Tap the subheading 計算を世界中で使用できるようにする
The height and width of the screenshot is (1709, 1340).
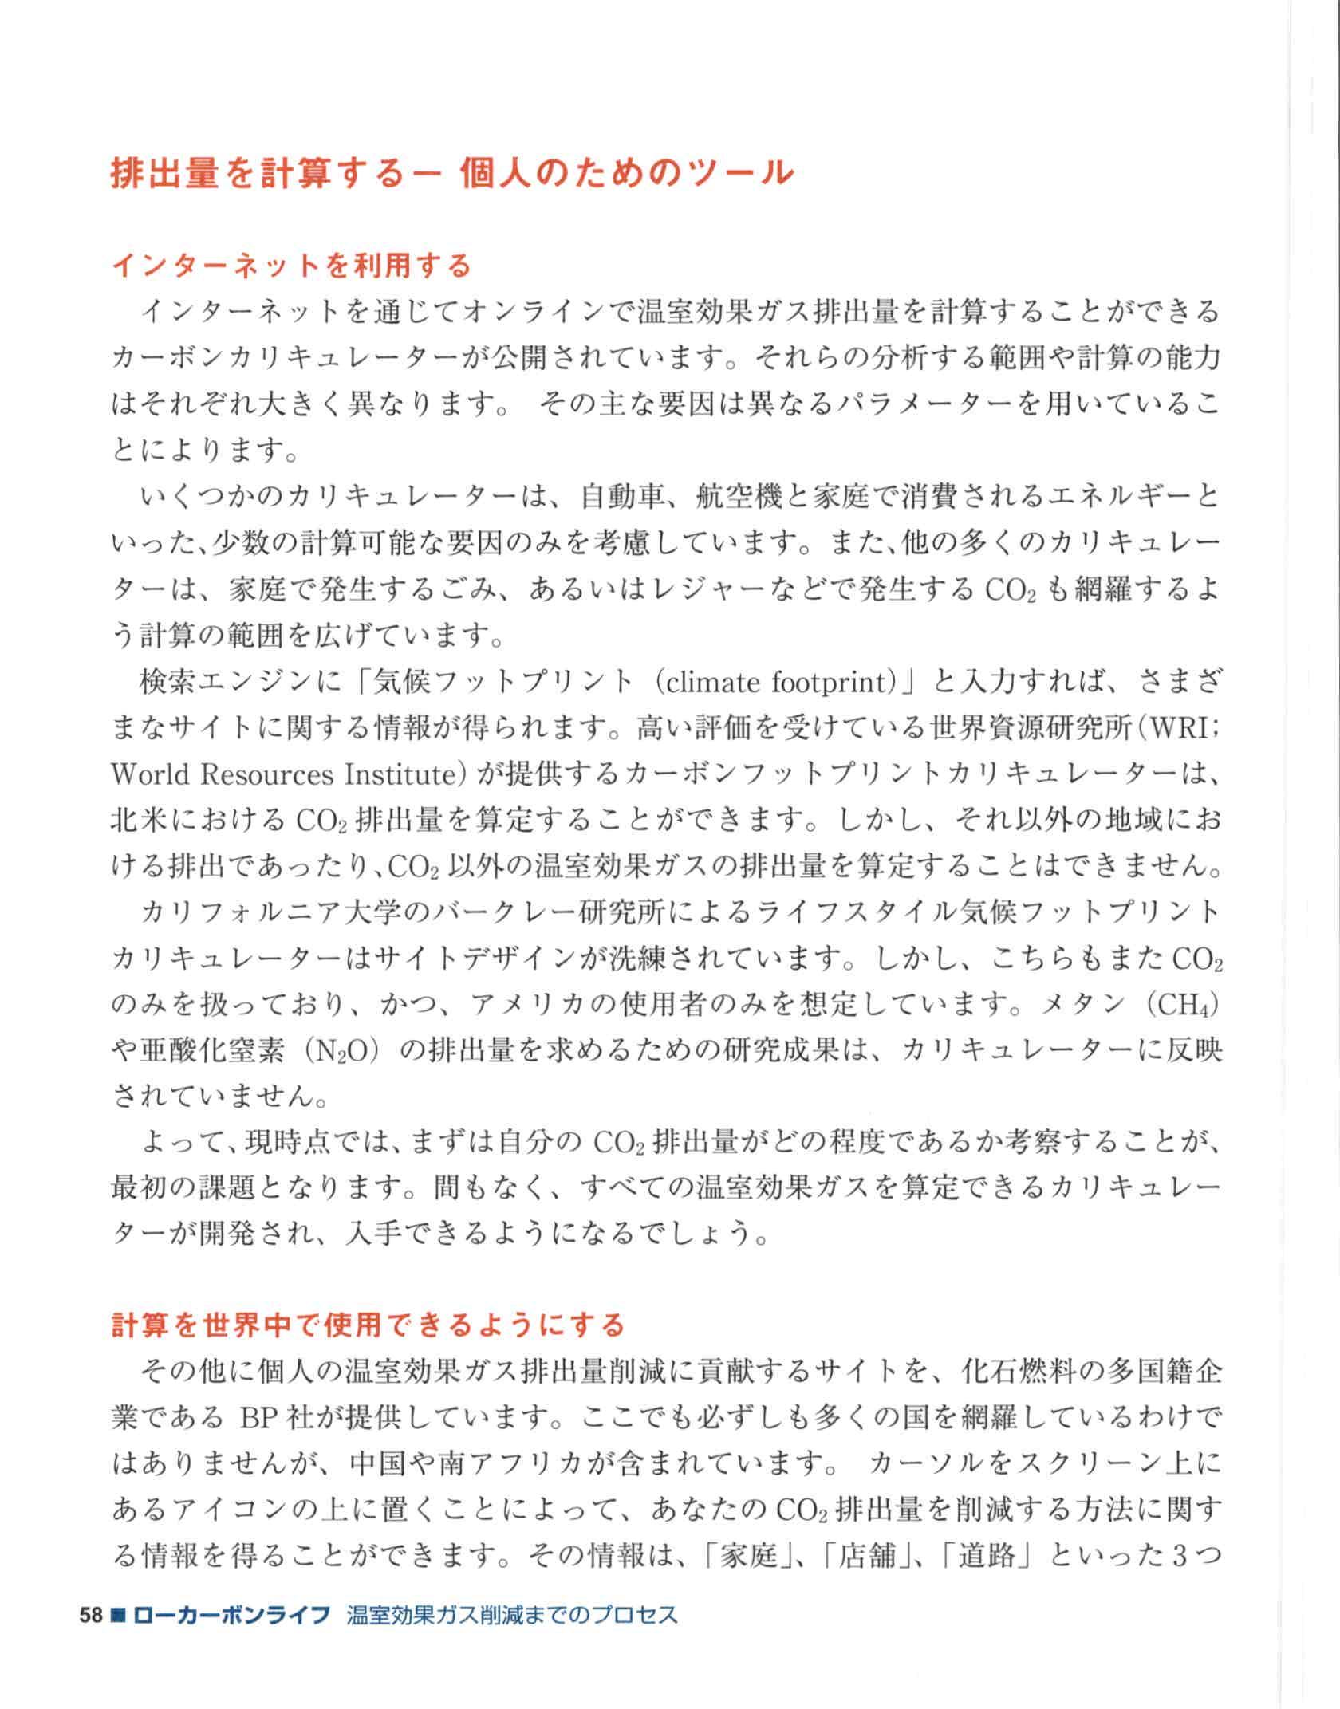[x=368, y=1325]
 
